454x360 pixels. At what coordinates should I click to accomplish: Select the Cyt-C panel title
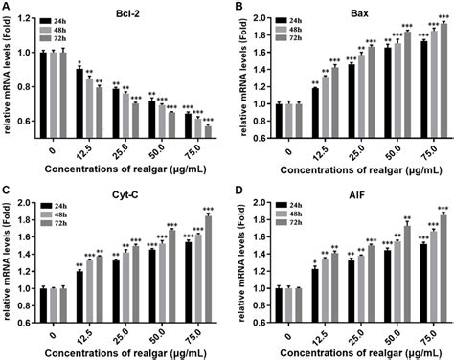click(123, 192)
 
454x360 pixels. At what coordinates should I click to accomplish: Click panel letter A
click(7, 8)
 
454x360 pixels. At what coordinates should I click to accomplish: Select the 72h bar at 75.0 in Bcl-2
click(207, 133)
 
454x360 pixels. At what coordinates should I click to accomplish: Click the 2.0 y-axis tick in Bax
click(259, 16)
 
